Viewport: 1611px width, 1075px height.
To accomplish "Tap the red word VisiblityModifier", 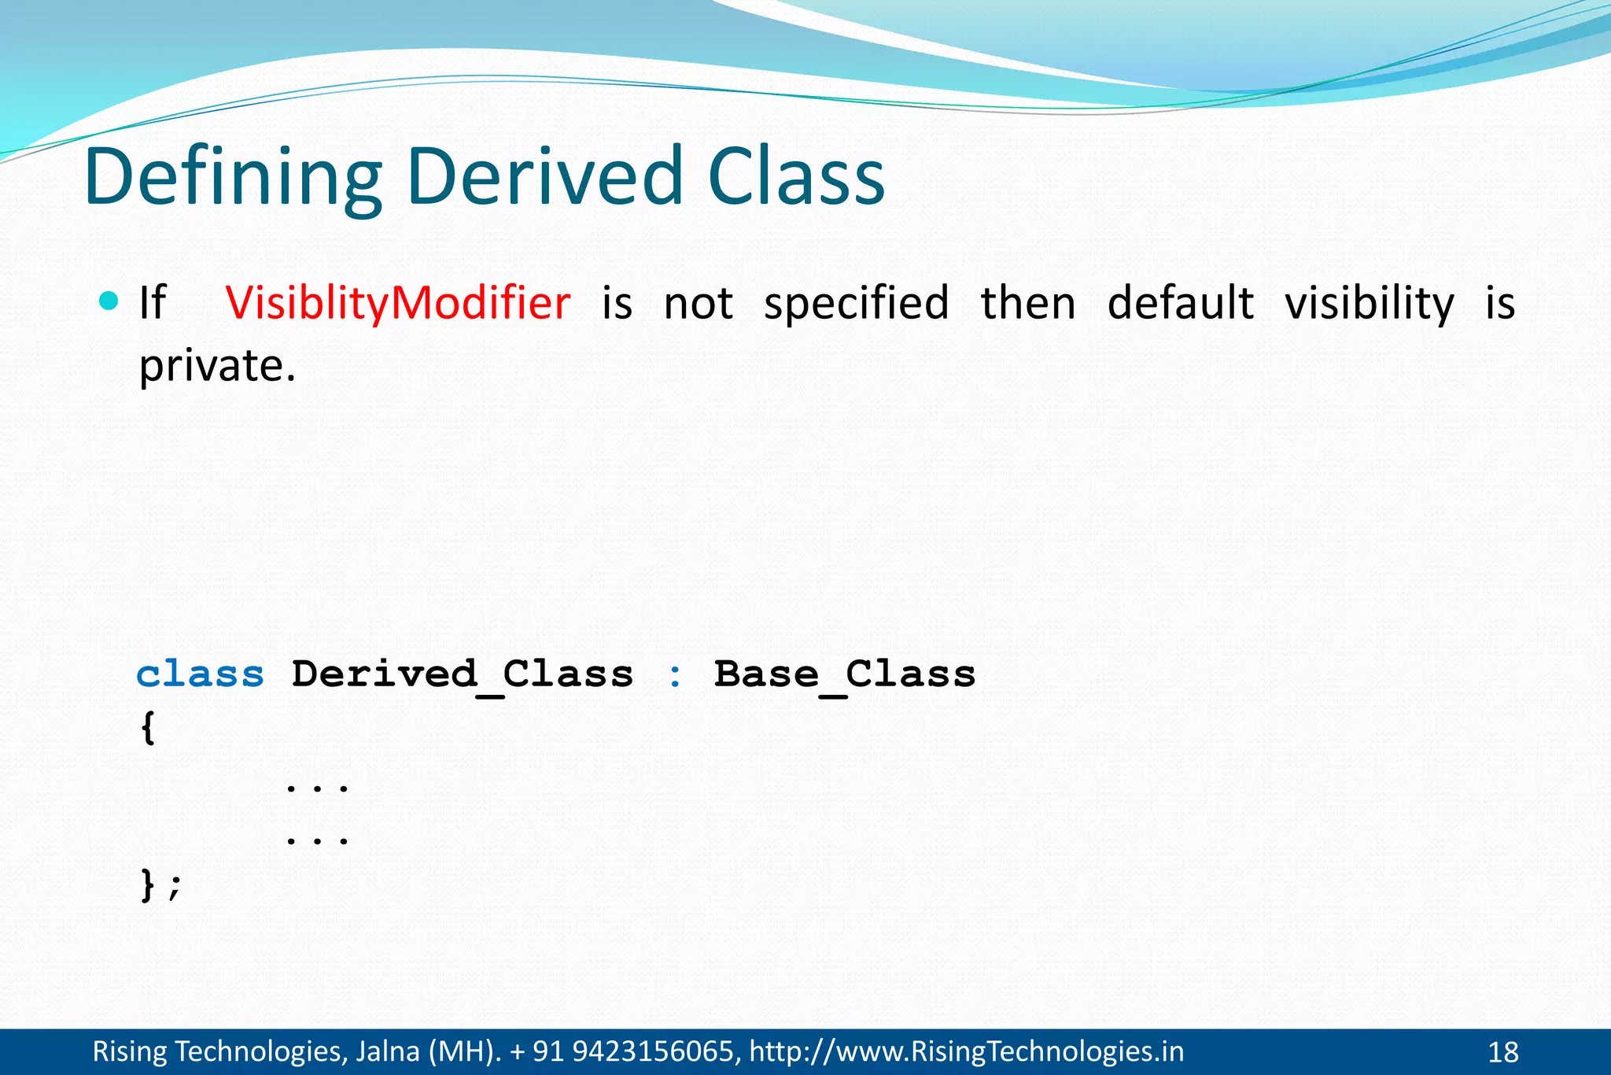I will [x=398, y=303].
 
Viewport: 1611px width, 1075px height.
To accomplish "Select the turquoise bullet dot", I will [x=109, y=301].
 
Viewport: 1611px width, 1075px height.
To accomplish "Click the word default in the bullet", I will [x=1180, y=303].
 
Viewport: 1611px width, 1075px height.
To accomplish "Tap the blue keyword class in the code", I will [x=201, y=674].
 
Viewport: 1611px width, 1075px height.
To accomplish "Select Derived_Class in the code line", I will [x=463, y=675].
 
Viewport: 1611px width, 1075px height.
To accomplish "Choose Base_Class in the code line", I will [x=845, y=675].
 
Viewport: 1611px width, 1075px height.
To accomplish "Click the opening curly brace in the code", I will [x=148, y=727].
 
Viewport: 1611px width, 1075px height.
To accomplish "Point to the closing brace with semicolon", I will [x=160, y=885].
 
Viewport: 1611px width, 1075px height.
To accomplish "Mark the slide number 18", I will [x=1502, y=1052].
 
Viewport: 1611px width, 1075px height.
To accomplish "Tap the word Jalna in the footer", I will [x=387, y=1051].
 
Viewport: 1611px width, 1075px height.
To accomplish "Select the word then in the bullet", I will [x=1028, y=303].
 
